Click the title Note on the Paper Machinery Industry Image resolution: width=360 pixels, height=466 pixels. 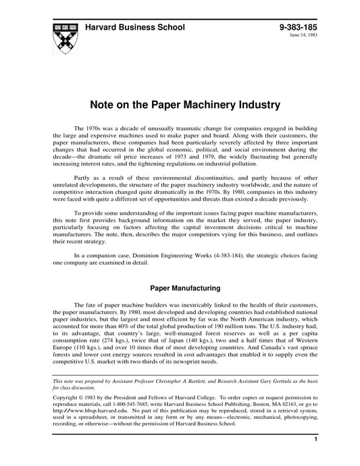180,105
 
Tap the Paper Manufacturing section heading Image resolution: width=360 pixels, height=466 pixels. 180,288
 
